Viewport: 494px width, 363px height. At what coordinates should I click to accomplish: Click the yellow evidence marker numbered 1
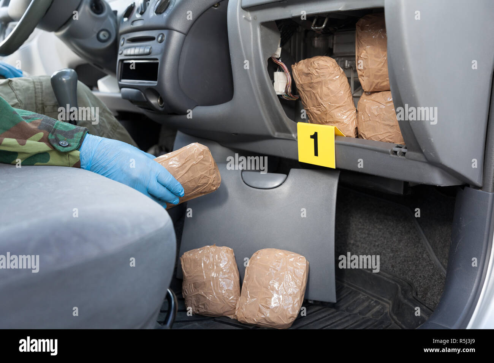point(317,145)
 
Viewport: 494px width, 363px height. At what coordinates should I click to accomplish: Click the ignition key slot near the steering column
point(103,36)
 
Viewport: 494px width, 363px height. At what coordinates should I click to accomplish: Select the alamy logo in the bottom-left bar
point(38,346)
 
